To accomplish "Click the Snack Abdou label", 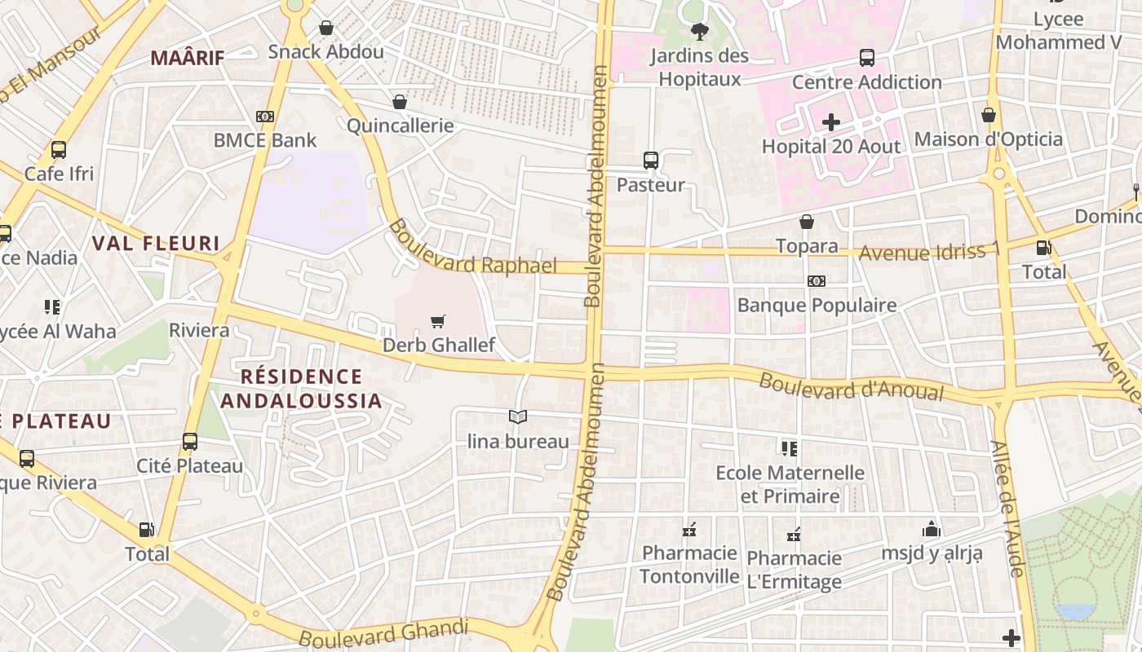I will click(x=325, y=52).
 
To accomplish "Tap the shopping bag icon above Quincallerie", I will click(x=400, y=102).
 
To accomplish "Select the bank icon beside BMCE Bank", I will click(x=264, y=117).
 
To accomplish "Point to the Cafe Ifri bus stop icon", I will click(x=59, y=150).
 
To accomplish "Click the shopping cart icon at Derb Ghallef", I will click(x=438, y=321).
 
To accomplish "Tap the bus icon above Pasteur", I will click(x=650, y=161).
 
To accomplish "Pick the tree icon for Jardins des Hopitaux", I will click(x=699, y=32).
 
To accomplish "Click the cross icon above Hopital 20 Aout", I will click(x=830, y=123).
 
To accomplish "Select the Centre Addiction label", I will click(x=866, y=82).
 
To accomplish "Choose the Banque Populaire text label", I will click(x=817, y=305).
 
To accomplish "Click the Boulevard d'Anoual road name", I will click(x=851, y=386).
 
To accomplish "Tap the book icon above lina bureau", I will click(x=517, y=417).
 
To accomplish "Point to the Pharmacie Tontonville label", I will click(x=689, y=565).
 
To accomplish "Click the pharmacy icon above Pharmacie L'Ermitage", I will click(x=793, y=535).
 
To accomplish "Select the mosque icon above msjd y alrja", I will click(x=932, y=530).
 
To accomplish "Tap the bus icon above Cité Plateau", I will click(x=190, y=442).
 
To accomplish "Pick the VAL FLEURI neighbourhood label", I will click(x=156, y=243).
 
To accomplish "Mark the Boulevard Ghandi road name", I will click(x=383, y=633).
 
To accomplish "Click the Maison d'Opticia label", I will click(x=988, y=139).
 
